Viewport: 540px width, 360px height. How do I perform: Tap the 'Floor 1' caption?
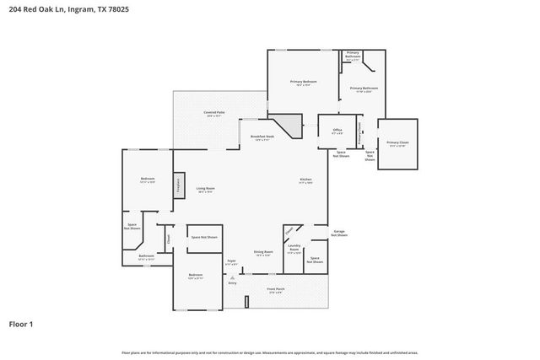pyautogui.click(x=22, y=323)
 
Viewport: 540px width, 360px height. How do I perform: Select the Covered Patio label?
pyautogui.click(x=213, y=113)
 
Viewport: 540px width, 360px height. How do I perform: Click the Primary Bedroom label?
pyautogui.click(x=303, y=83)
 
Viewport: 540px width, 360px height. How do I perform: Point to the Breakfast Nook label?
pyautogui.click(x=262, y=137)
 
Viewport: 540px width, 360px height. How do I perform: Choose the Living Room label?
pyautogui.click(x=205, y=189)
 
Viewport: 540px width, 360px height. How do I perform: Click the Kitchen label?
pyautogui.click(x=306, y=180)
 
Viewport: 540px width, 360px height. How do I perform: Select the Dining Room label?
pyautogui.click(x=262, y=253)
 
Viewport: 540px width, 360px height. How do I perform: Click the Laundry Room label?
pyautogui.click(x=294, y=250)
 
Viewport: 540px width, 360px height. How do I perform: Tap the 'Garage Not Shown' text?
pyautogui.click(x=339, y=233)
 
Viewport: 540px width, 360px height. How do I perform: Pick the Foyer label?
pyautogui.click(x=229, y=263)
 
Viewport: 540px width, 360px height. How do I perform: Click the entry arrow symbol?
pyautogui.click(x=232, y=277)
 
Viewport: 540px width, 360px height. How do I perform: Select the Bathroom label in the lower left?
pyautogui.click(x=146, y=257)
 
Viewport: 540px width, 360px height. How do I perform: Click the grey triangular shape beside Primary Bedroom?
pyautogui.click(x=290, y=127)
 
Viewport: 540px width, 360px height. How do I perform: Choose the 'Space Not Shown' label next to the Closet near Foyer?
pyautogui.click(x=202, y=238)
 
